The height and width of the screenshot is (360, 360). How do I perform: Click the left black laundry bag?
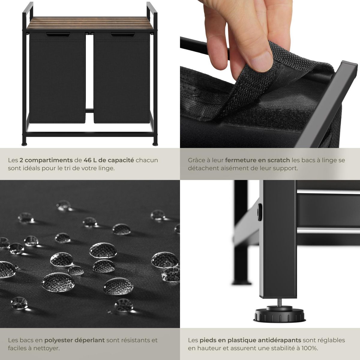(x=57, y=78)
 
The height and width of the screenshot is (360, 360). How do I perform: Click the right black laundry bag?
(x=121, y=78)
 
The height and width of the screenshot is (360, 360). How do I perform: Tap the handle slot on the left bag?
(x=58, y=35)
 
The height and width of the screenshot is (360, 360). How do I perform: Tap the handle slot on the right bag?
(x=122, y=35)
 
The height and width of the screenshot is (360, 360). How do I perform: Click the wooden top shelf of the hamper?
(x=90, y=23)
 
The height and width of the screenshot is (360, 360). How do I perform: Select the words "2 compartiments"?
(x=46, y=160)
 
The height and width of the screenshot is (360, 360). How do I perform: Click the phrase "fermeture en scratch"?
(x=257, y=160)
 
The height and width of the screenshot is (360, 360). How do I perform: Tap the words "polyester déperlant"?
(x=74, y=340)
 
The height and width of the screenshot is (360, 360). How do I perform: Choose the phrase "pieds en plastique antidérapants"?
(x=250, y=340)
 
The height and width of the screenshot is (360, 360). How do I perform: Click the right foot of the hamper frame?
(x=155, y=144)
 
